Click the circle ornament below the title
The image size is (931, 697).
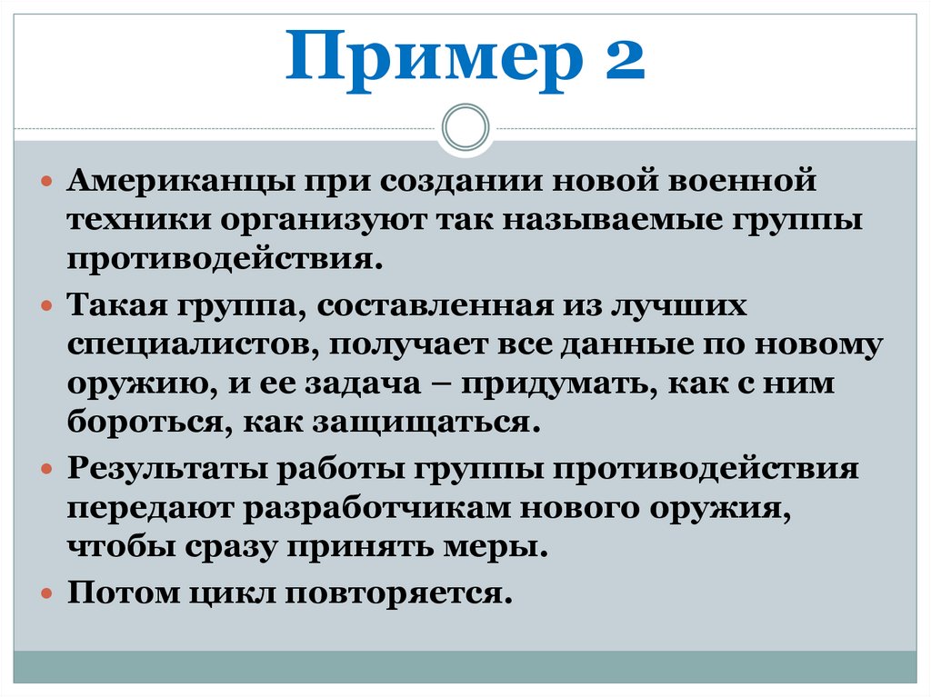pos(465,127)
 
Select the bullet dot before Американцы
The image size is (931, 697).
pos(49,181)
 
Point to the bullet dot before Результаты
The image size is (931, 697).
pos(49,470)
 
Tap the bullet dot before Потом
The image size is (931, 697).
pos(49,594)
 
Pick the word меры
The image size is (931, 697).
pos(501,549)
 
